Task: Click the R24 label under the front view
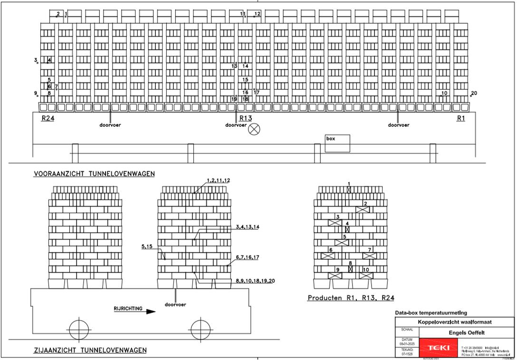(x=48, y=119)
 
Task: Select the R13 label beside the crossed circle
(x=246, y=118)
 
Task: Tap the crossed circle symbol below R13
(x=255, y=129)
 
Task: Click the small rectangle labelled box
(x=337, y=143)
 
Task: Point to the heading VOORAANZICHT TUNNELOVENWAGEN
(x=94, y=174)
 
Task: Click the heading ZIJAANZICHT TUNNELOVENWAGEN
(x=90, y=351)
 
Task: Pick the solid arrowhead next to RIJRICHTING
(x=151, y=312)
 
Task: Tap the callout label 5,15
(x=148, y=246)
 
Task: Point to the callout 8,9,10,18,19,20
(x=255, y=281)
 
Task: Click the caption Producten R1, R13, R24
(x=351, y=298)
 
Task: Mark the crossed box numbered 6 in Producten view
(x=328, y=256)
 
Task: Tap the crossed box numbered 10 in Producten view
(x=366, y=275)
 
